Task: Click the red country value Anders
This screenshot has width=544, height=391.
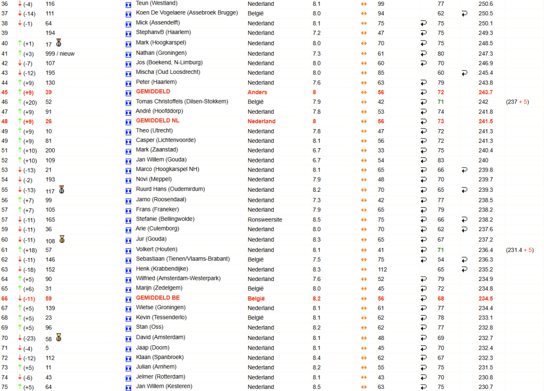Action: tap(258, 92)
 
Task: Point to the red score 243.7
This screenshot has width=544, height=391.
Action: tap(486, 92)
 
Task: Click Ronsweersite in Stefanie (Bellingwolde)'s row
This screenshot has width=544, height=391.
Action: tap(265, 219)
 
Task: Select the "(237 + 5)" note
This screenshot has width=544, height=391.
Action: tap(517, 102)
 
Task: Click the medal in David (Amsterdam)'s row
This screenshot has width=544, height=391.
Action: tap(58, 337)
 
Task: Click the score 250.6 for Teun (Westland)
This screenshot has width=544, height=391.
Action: tap(486, 4)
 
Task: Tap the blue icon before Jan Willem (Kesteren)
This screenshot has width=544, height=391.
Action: tap(128, 387)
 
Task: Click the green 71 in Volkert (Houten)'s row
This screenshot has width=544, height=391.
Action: tap(440, 250)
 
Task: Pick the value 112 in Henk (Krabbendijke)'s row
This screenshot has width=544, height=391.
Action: tap(381, 269)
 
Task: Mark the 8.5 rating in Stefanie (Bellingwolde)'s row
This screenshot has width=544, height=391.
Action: tap(317, 219)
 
